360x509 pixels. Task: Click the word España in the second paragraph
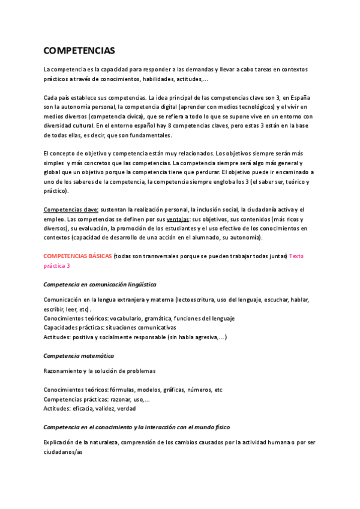point(298,97)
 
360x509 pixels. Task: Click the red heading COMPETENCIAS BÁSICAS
point(77,256)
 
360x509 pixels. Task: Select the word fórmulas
point(125,390)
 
